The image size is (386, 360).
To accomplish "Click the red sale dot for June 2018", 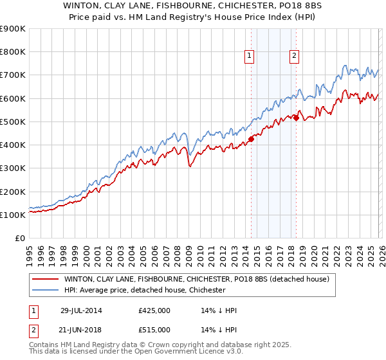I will pyautogui.click(x=296, y=118).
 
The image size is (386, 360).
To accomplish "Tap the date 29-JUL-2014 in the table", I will pyautogui.click(x=81, y=310).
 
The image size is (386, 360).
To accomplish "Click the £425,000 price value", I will pyautogui.click(x=154, y=310).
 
